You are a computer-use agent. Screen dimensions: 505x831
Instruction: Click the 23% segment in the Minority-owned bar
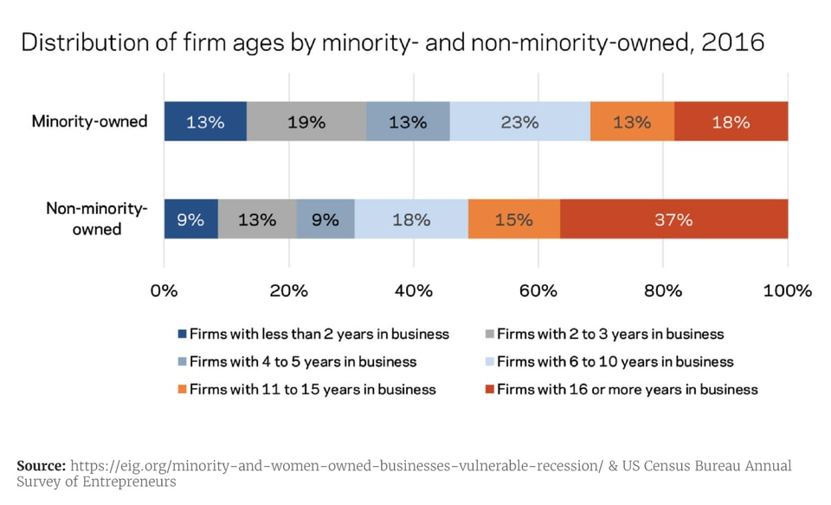click(x=519, y=122)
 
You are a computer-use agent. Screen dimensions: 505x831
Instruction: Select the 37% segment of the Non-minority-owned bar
click(x=673, y=219)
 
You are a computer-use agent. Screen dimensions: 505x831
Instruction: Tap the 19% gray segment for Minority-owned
click(x=306, y=122)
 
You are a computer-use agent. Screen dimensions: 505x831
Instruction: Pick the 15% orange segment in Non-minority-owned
click(x=514, y=219)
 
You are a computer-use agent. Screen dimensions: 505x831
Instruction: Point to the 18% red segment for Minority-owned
click(x=731, y=122)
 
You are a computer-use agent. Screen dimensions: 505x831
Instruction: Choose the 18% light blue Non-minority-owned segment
click(x=411, y=219)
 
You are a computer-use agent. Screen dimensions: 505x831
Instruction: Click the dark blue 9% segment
click(x=190, y=219)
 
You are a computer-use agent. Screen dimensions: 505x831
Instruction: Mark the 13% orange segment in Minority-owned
click(x=632, y=122)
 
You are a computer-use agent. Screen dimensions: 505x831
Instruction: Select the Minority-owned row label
click(x=90, y=121)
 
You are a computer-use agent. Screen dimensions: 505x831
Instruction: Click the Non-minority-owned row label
click(x=95, y=219)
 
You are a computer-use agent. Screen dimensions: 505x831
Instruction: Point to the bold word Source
click(x=41, y=465)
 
